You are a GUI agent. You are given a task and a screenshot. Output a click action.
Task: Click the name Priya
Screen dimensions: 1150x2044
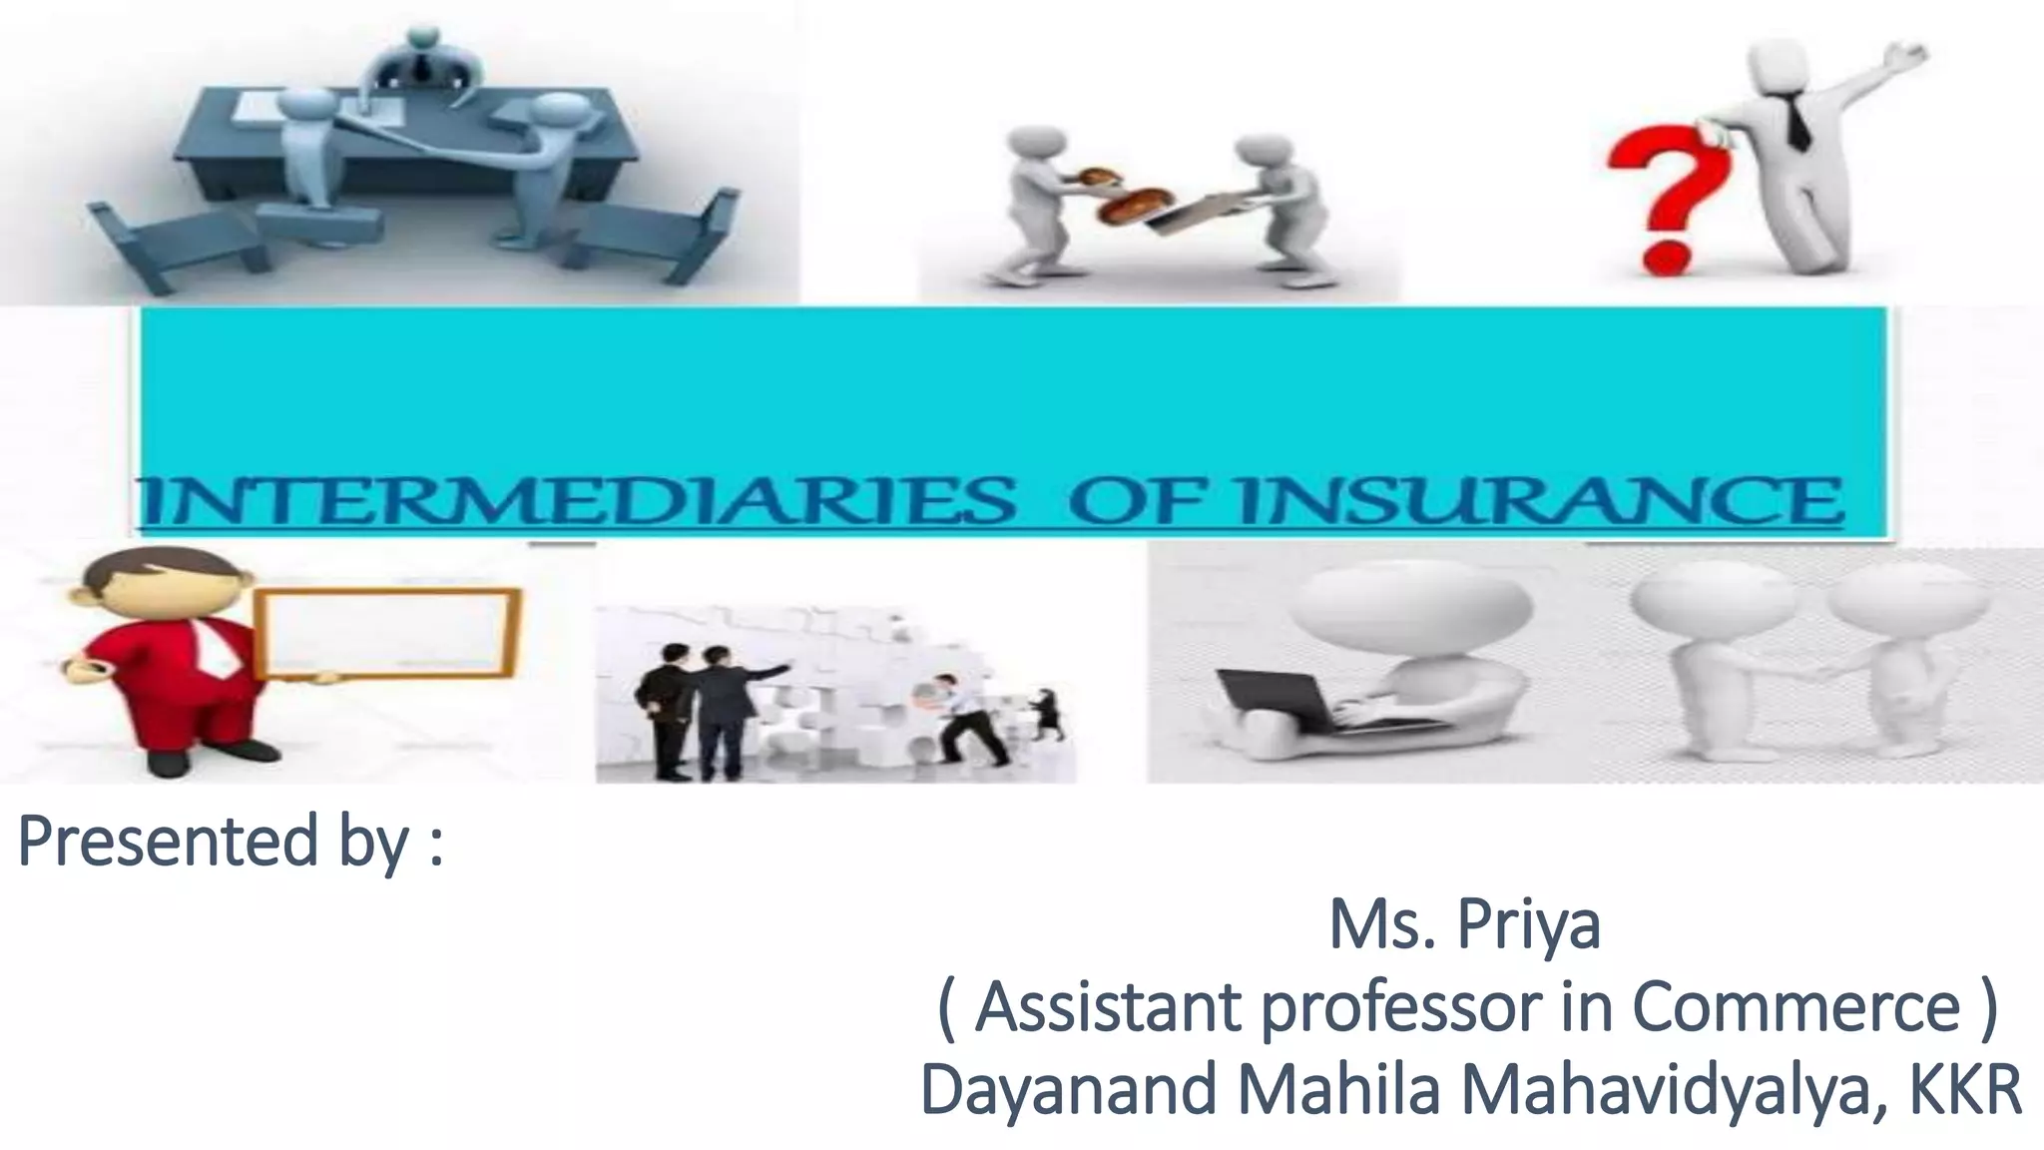coord(1528,926)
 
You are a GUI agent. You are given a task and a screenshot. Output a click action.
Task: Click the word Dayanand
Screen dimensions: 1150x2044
coord(1069,1090)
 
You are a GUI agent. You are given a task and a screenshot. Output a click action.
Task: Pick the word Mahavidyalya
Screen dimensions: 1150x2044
coord(1676,1090)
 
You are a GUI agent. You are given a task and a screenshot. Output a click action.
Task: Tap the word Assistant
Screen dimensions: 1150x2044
coord(1108,1008)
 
